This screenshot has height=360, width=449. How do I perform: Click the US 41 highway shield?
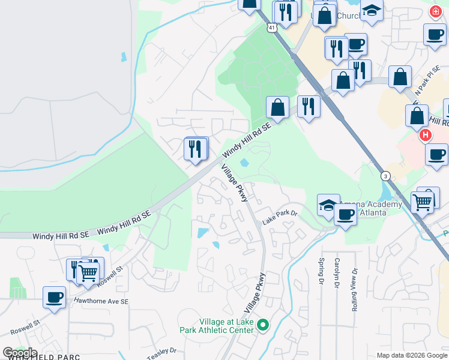click(272, 28)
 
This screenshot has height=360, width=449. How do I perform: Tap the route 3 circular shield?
click(384, 175)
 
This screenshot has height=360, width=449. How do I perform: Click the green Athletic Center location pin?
click(262, 325)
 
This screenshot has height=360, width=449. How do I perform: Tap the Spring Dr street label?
click(322, 270)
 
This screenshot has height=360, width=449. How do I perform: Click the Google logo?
click(20, 353)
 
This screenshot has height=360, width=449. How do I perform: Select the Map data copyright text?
click(412, 355)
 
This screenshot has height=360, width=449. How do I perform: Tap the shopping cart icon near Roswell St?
click(88, 273)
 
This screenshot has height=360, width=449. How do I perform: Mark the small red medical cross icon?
click(435, 11)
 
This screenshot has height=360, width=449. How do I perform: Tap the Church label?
click(348, 16)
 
